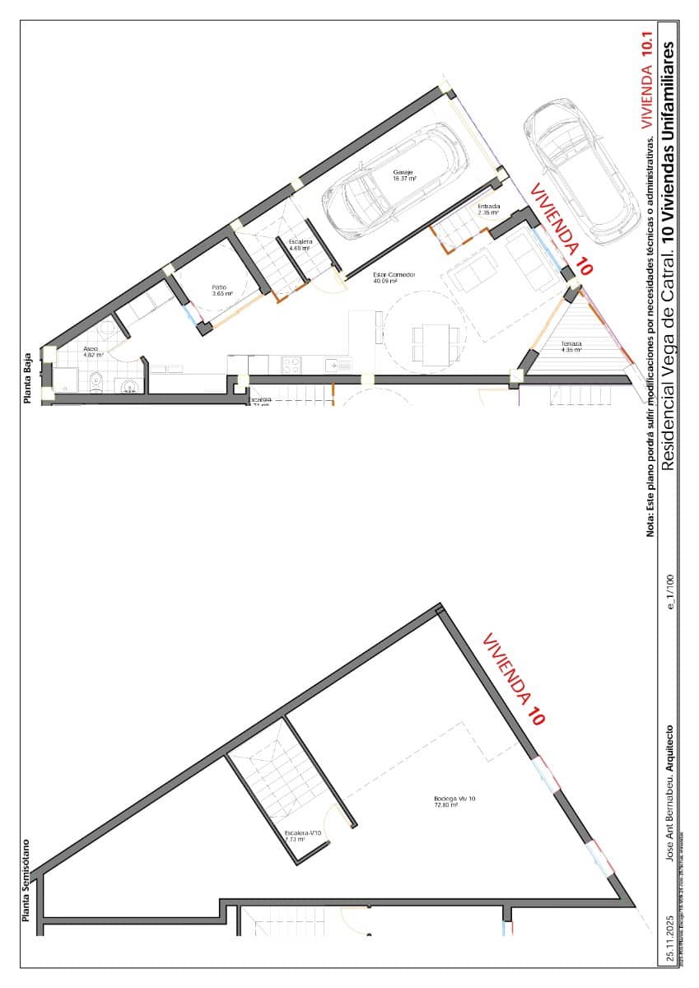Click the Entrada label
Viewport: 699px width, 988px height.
pyautogui.click(x=488, y=208)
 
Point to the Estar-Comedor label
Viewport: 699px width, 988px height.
pyautogui.click(x=394, y=277)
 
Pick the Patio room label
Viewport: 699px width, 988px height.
pyautogui.click(x=220, y=289)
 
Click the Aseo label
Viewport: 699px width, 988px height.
pyautogui.click(x=91, y=351)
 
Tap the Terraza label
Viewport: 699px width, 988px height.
pyautogui.click(x=571, y=346)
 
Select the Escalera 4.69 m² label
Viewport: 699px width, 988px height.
pyautogui.click(x=300, y=244)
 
